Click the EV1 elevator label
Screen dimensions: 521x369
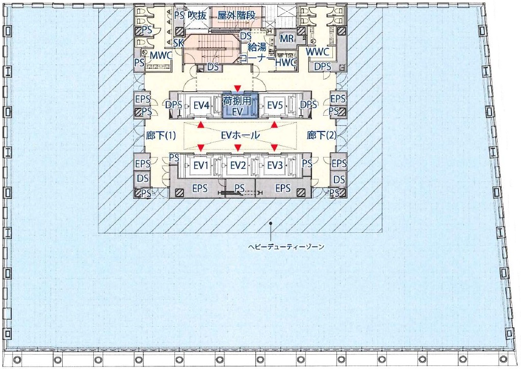[x=201, y=165]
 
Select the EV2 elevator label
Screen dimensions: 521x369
[x=238, y=165]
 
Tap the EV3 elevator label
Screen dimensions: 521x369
[x=275, y=165]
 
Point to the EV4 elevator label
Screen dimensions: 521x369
[x=201, y=106]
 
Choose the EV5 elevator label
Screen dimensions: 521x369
[x=275, y=106]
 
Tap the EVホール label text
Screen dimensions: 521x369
[x=240, y=135]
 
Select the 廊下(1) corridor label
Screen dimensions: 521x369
[x=161, y=136]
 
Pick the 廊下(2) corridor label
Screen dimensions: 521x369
[x=321, y=135]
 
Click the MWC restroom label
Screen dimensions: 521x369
[x=161, y=56]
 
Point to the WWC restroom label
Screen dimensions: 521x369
[x=318, y=52]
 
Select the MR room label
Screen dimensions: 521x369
[x=286, y=39]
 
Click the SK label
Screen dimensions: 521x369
[x=178, y=42]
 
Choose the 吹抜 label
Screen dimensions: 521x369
[x=197, y=15]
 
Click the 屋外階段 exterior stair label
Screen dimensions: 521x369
[x=236, y=15]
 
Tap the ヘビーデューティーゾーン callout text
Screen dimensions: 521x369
[x=286, y=247]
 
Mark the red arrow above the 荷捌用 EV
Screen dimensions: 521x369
[x=237, y=88]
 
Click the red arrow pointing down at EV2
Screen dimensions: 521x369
[x=238, y=147]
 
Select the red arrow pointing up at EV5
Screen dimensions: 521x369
[x=274, y=125]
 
